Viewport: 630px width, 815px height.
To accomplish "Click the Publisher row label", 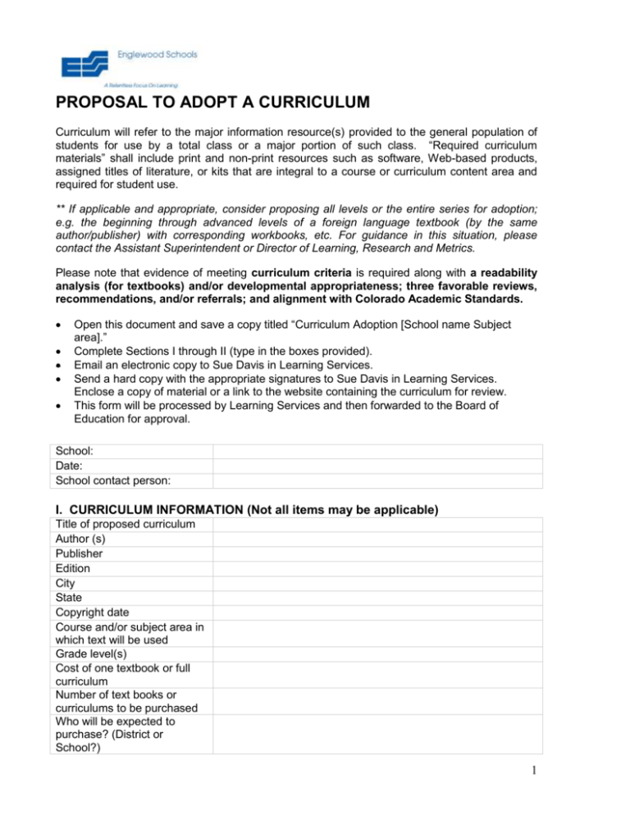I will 79,553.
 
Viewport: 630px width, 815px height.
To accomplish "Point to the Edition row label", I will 73,568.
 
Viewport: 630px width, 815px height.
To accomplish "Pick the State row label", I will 70,598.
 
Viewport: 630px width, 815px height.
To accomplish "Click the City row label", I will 66,583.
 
